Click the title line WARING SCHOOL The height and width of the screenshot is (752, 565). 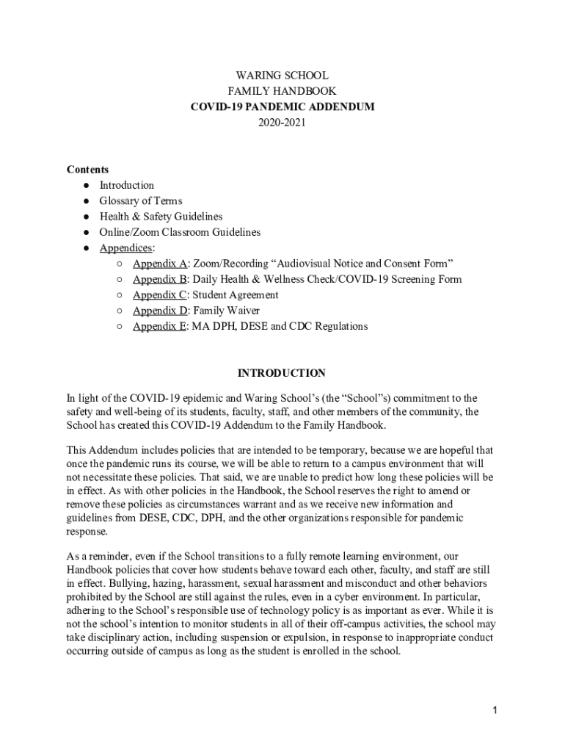[x=282, y=76]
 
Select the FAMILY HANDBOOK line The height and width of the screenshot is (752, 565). [x=282, y=91]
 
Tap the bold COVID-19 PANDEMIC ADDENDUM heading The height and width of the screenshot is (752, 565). [x=282, y=107]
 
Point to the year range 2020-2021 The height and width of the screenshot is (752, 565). [x=282, y=123]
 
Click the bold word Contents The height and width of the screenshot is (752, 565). [x=87, y=170]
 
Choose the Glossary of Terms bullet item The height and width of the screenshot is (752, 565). [x=141, y=201]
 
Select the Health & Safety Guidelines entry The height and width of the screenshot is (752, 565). [x=161, y=217]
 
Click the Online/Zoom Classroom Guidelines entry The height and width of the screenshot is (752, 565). [x=180, y=232]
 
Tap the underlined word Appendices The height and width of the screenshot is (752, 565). [x=126, y=248]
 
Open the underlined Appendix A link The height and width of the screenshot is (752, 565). [x=159, y=264]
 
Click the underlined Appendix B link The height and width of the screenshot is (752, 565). [x=159, y=279]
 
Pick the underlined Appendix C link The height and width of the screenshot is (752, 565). [x=159, y=295]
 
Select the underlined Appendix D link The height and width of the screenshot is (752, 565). [x=159, y=311]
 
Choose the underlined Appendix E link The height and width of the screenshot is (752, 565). [x=159, y=326]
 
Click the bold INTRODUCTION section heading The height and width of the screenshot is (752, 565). [x=282, y=373]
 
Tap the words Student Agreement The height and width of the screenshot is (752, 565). [x=236, y=295]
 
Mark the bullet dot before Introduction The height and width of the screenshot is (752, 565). [x=86, y=186]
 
